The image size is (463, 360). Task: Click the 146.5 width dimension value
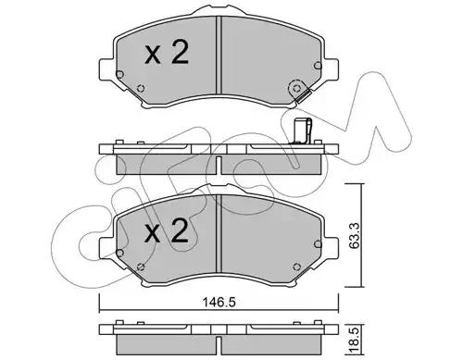coord(219,302)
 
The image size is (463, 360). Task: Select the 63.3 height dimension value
coord(355,236)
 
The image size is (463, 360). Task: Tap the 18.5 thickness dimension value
coord(355,338)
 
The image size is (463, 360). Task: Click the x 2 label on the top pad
coord(167,53)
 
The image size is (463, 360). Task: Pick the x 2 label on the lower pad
coord(167,230)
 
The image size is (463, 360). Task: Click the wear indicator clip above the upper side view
coord(302,131)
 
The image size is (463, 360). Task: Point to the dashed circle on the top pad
coord(296,89)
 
